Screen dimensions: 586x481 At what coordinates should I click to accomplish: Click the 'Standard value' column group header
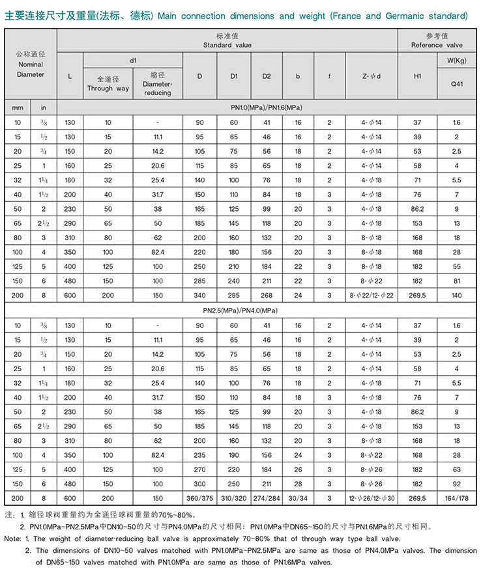227,45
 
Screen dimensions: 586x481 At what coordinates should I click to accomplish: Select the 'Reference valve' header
436,45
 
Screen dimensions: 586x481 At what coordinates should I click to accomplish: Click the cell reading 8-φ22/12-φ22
371,294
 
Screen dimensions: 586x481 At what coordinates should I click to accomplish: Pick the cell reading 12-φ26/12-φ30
371,497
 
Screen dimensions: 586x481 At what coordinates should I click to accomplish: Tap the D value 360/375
199,497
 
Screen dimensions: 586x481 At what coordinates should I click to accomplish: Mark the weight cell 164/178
457,497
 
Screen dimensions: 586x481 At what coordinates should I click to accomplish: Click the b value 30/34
298,497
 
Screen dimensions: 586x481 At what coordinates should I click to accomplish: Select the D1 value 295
234,294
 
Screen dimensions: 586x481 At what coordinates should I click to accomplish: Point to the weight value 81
457,280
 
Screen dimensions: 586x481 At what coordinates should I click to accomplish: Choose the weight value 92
457,483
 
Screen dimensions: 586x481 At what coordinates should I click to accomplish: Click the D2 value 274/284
267,497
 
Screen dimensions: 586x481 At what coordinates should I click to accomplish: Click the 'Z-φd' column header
371,76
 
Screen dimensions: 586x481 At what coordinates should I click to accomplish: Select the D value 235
199,454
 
